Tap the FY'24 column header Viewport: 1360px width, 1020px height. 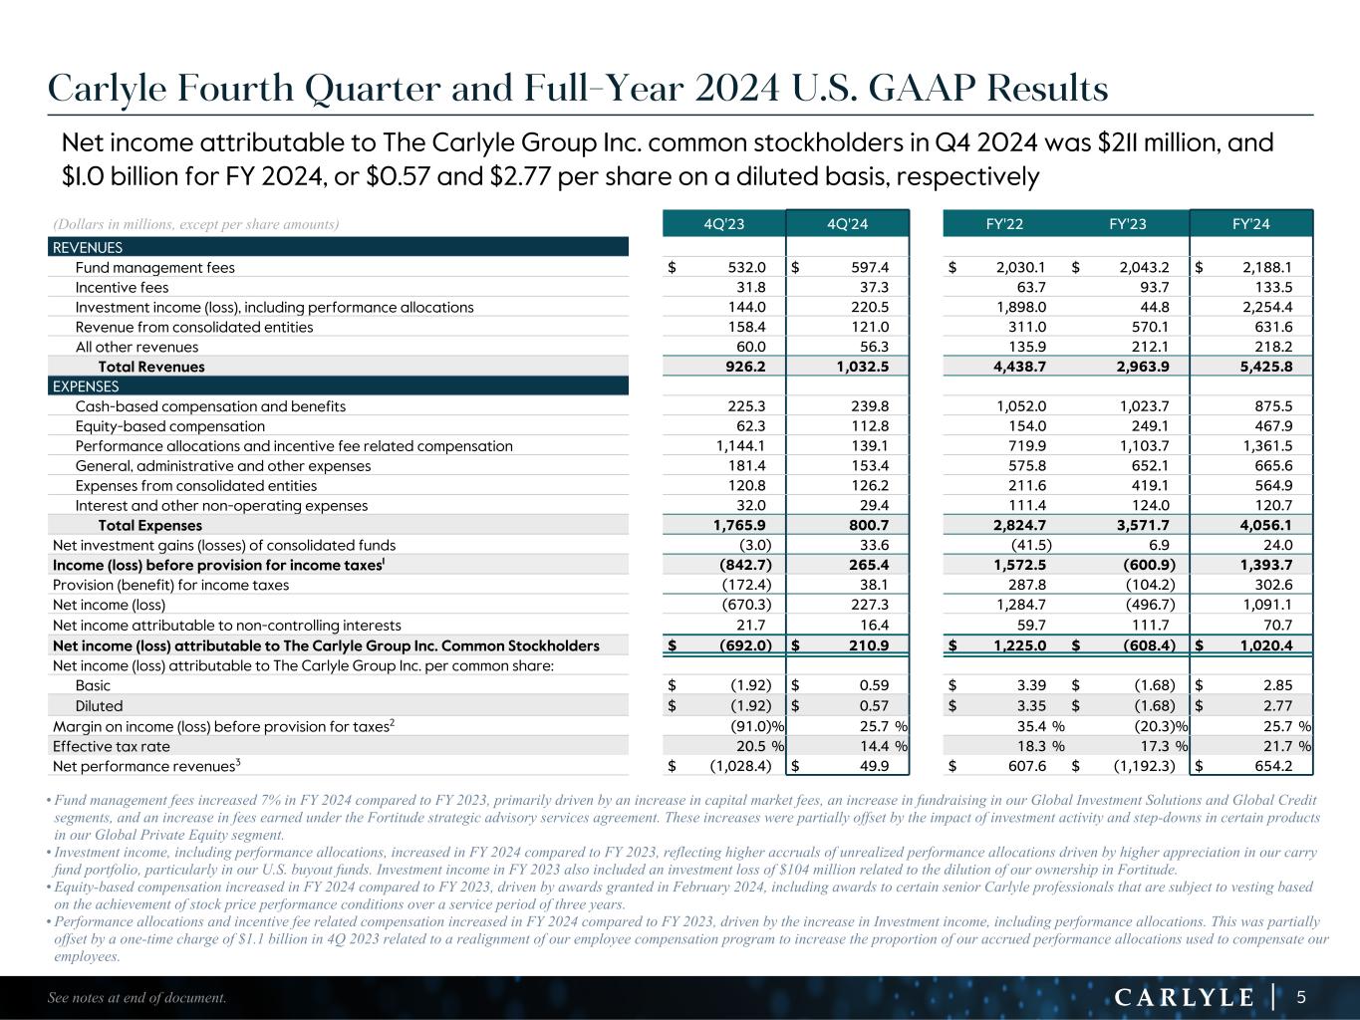tap(1251, 224)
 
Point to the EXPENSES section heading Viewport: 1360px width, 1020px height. tap(85, 386)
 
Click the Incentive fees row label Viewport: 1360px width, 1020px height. tap(122, 288)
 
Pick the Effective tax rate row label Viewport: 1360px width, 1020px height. tap(111, 746)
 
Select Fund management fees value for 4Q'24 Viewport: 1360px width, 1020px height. tap(867, 267)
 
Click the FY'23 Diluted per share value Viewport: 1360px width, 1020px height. tap(1149, 706)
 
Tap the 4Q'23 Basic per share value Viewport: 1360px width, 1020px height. tap(746, 685)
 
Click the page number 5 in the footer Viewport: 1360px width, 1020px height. tap(1301, 996)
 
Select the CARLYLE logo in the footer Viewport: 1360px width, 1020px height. tap(1184, 997)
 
